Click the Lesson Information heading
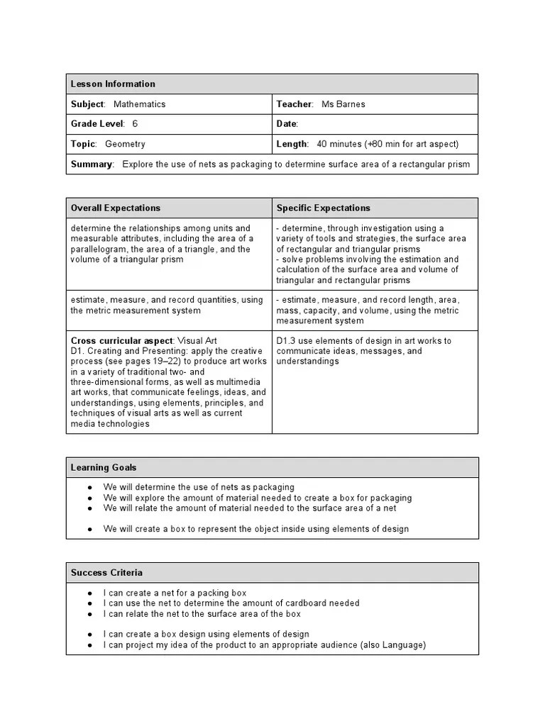tap(113, 84)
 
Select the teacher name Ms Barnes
tap(344, 104)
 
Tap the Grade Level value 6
tap(135, 124)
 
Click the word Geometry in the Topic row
tap(125, 144)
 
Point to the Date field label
tap(287, 124)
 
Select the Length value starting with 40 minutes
tap(387, 144)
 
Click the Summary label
tap(92, 164)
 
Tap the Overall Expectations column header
tap(115, 208)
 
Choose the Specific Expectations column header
tap(323, 208)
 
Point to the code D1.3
tap(287, 340)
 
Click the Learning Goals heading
tap(104, 467)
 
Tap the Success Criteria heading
tap(106, 572)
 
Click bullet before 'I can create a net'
tap(90, 593)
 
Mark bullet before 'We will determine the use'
tap(90, 488)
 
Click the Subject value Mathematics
tap(139, 104)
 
